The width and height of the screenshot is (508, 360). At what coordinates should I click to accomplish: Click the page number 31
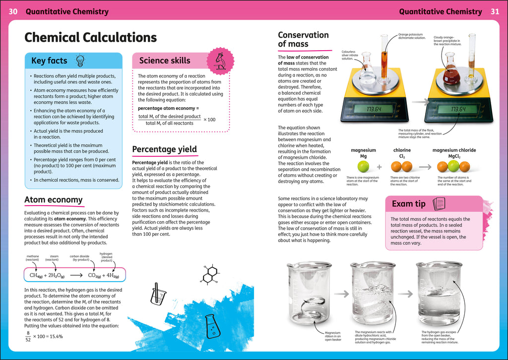[x=495, y=11]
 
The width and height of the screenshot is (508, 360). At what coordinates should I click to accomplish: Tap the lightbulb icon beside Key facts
[x=79, y=61]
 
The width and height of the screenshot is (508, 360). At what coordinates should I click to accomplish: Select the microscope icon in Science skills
[x=218, y=60]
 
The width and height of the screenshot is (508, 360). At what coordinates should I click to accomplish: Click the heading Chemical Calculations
[x=90, y=38]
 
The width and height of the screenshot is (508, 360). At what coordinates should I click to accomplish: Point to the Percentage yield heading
[x=164, y=149]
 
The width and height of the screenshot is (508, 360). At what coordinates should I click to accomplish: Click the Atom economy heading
[x=54, y=200]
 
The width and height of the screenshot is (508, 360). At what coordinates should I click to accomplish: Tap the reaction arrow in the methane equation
[x=72, y=275]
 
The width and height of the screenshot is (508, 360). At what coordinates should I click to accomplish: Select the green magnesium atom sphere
[x=363, y=167]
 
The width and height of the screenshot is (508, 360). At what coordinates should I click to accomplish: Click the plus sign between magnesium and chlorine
[x=380, y=167]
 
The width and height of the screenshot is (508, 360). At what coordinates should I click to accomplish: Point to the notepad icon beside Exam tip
[x=439, y=204]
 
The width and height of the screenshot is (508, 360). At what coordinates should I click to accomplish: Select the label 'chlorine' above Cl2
[x=402, y=150]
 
